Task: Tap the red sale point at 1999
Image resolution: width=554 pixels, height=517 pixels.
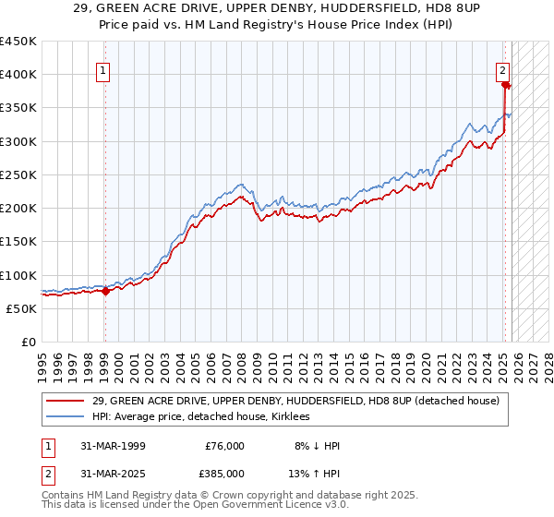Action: (105, 291)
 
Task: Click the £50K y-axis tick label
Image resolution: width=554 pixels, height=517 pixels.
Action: (22, 308)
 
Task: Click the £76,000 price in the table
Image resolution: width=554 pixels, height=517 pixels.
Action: (224, 445)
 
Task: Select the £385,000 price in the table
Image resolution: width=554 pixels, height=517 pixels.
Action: (224, 473)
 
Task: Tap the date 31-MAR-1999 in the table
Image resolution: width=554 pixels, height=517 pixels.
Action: (113, 445)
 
